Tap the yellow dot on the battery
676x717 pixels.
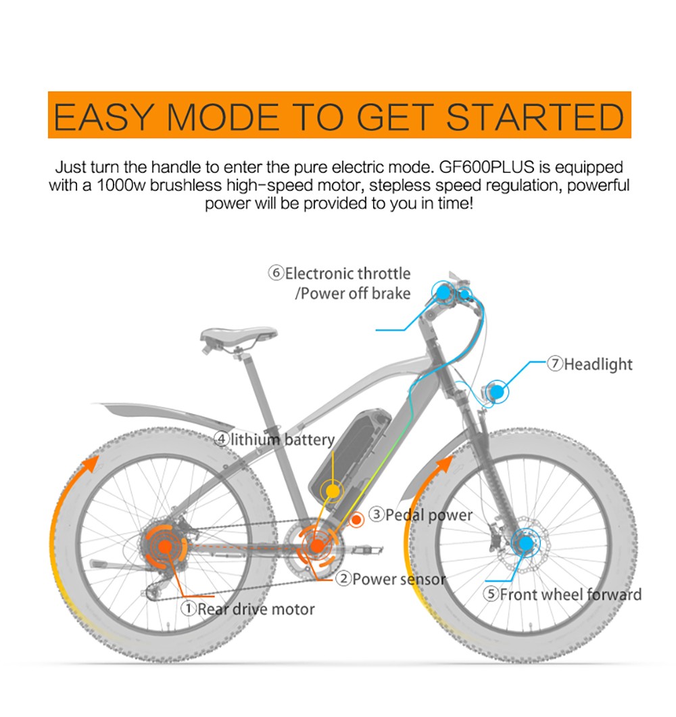pyautogui.click(x=331, y=490)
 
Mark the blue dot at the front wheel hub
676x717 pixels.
pyautogui.click(x=524, y=542)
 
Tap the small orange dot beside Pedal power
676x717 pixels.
pyautogui.click(x=356, y=520)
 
